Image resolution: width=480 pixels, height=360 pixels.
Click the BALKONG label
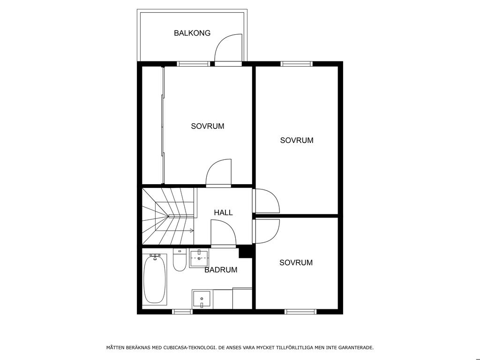point(192,33)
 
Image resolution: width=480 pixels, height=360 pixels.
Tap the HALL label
point(223,212)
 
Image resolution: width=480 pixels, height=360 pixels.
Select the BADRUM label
point(221,270)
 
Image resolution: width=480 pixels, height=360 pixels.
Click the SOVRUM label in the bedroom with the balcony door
point(208,126)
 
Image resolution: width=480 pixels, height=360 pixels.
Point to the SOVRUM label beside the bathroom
point(296,262)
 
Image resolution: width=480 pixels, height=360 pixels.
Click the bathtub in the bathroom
point(155,279)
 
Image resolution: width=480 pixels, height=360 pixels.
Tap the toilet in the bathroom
point(180,260)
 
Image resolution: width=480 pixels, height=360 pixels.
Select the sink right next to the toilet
point(199,259)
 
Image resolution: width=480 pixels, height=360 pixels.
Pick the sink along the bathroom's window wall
point(202,300)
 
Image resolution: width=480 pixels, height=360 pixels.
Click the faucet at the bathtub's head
point(155,256)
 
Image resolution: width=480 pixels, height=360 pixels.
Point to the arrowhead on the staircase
point(192,231)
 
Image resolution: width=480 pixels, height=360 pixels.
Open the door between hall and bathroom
point(223,232)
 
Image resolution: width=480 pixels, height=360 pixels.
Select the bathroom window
point(182,312)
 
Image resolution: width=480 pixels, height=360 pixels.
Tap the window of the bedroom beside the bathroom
point(300,312)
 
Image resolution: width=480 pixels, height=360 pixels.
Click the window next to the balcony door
point(194,64)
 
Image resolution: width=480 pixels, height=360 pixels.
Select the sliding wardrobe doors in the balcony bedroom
point(163,126)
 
